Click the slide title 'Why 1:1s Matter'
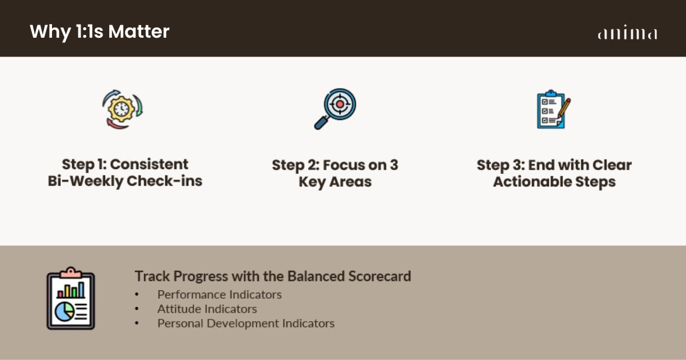coord(99,31)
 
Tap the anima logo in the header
coord(628,33)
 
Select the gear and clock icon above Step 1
coord(122,109)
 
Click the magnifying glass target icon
coord(335,109)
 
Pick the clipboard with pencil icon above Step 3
coord(554,109)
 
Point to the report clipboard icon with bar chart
coord(71,298)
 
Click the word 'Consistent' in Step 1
coord(149,165)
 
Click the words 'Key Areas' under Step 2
coord(335,182)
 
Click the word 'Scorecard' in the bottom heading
coord(380,276)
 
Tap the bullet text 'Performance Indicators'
coord(220,294)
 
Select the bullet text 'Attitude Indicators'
coord(207,309)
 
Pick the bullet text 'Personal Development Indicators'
coord(246,323)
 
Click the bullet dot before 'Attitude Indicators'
coord(137,309)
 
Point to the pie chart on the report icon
coord(65,311)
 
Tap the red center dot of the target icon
coord(340,104)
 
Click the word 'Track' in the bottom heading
coord(152,276)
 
